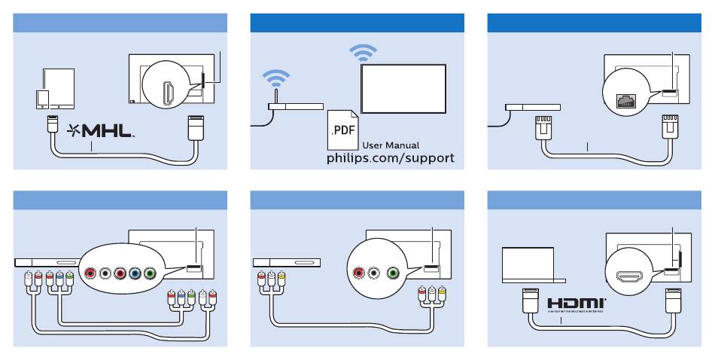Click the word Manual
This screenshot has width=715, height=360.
pyautogui.click(x=403, y=145)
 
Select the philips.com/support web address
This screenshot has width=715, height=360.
pyautogui.click(x=390, y=160)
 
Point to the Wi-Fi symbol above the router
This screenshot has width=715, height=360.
pyautogui.click(x=275, y=78)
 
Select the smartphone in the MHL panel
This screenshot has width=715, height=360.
pyautogui.click(x=43, y=99)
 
